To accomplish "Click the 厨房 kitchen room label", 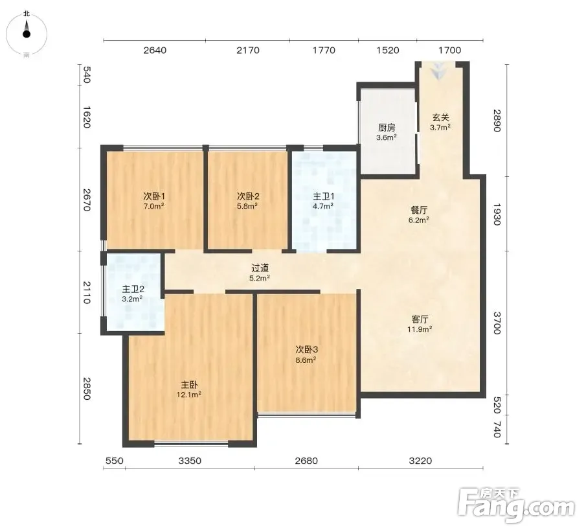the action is pos(387,128).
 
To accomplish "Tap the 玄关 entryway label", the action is pos(440,117).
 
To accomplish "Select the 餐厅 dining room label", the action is pos(418,210).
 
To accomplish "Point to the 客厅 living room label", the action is pos(420,319).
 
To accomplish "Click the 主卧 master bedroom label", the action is pos(189,385).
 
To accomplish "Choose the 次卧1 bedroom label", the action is pos(154,196).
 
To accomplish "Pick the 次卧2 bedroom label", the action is pos(248,196).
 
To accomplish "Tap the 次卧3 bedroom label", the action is pos(306,350).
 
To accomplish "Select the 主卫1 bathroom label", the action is pos(323,196).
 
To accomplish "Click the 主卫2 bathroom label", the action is pos(133,289).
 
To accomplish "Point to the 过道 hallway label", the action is pos(260,268).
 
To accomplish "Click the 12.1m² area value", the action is pos(189,395).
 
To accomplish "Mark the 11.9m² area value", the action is pos(420,329).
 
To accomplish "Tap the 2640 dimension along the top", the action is pos(155,50).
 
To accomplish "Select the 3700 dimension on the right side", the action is pos(496,323).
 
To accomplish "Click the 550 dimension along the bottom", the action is pos(114,461).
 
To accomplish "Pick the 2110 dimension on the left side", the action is pos(86,292).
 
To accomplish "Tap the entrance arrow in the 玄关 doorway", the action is pos(437,71).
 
